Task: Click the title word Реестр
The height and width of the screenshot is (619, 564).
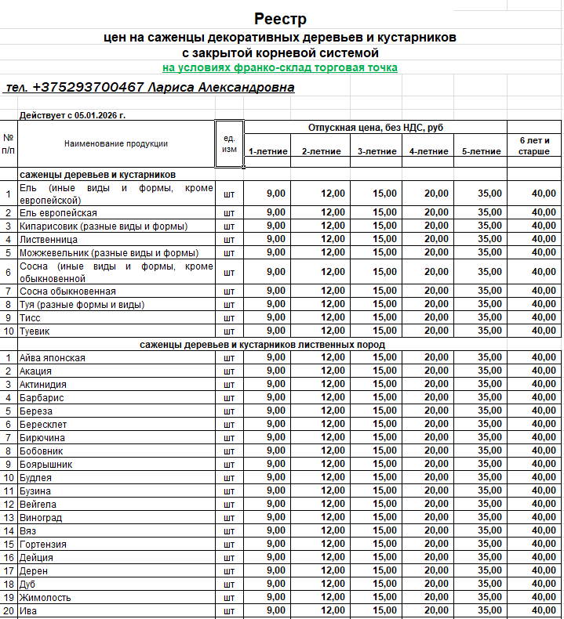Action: coord(280,19)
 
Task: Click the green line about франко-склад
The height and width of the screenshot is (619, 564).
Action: coord(280,68)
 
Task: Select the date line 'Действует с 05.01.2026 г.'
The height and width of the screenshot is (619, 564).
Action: coord(72,115)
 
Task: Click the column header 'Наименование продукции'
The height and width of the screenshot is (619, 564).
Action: coord(116,143)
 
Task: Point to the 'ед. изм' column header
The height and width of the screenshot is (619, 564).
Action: coord(229,143)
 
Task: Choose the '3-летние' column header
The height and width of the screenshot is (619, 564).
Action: coord(377,151)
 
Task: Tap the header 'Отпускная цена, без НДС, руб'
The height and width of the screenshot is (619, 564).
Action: coord(375,127)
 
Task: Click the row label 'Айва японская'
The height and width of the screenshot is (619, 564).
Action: coord(53,358)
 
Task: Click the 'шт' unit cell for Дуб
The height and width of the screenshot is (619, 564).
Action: coord(229,585)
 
